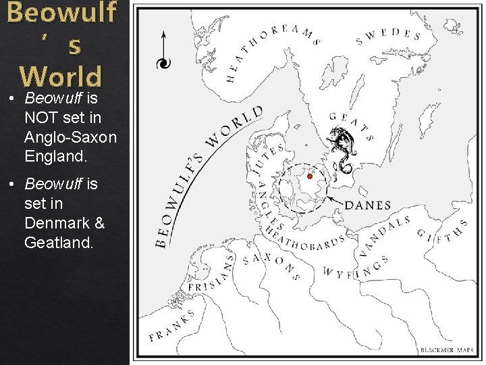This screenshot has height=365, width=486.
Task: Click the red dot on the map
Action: tap(310, 176)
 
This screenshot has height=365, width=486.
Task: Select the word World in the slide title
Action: tap(60, 75)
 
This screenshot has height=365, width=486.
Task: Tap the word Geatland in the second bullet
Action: tap(59, 242)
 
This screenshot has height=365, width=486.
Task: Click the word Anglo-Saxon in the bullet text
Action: tap(70, 137)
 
